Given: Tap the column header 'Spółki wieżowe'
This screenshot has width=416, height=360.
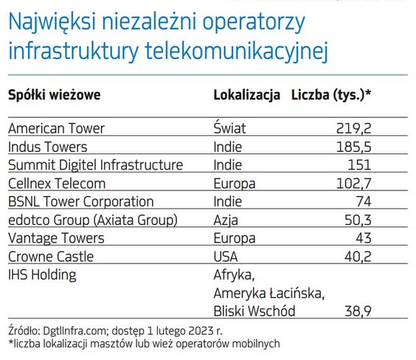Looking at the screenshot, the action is tap(55, 95).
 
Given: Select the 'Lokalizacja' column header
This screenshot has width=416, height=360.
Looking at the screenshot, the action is tap(247, 95).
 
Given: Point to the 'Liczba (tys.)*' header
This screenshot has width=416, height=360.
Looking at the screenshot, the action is tap(331, 95).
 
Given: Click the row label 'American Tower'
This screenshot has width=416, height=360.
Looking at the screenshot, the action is tap(56, 128).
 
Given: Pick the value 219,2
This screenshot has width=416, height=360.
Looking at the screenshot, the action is tap(353, 129).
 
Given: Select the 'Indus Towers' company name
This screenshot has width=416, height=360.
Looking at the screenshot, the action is tap(47, 147).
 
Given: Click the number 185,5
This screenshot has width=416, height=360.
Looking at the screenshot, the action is tap(353, 148).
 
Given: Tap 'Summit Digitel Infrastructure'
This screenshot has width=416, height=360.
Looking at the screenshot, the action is tap(95, 165).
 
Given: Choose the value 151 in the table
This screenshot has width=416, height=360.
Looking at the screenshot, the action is tap(359, 165).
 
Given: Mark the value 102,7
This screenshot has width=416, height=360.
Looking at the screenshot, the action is tap(353, 184).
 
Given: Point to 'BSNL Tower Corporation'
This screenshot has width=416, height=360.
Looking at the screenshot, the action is tap(81, 201).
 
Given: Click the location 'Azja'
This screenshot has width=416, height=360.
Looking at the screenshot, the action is tap(226, 221).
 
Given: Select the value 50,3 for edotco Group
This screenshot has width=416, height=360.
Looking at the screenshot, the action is tap(358, 221).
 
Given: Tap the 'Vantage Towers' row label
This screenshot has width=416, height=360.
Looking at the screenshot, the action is tap(56, 238).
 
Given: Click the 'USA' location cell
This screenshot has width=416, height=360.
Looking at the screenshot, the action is tap(226, 257).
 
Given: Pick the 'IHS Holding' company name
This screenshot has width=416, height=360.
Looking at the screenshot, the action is tap(42, 275).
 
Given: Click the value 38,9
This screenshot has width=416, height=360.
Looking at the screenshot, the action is tap(358, 311).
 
